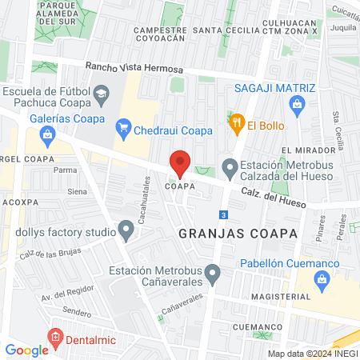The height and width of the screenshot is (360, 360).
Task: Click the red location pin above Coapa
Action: pyautogui.click(x=180, y=162)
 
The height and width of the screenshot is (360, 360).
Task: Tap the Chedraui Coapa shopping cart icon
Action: pyautogui.click(x=123, y=126)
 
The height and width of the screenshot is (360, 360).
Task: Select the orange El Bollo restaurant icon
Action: pyautogui.click(x=236, y=124)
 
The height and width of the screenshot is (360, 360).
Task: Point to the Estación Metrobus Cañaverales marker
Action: pyautogui.click(x=212, y=275)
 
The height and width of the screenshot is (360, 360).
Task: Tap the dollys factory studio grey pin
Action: pyautogui.click(x=126, y=231)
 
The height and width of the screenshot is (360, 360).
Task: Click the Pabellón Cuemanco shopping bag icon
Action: pyautogui.click(x=323, y=279)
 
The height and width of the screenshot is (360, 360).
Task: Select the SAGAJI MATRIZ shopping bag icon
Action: pyautogui.click(x=297, y=103)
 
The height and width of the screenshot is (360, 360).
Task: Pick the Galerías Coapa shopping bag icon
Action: pyautogui.click(x=48, y=135)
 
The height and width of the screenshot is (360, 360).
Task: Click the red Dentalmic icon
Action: pyautogui.click(x=54, y=337)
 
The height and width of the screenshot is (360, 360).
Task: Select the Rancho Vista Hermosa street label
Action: pyautogui.click(x=130, y=70)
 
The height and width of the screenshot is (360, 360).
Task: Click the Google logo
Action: pyautogui.click(x=26, y=350)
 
